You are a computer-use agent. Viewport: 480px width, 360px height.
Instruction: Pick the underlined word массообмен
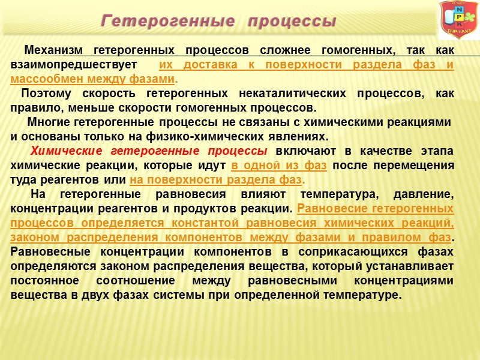[x=45, y=79]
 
